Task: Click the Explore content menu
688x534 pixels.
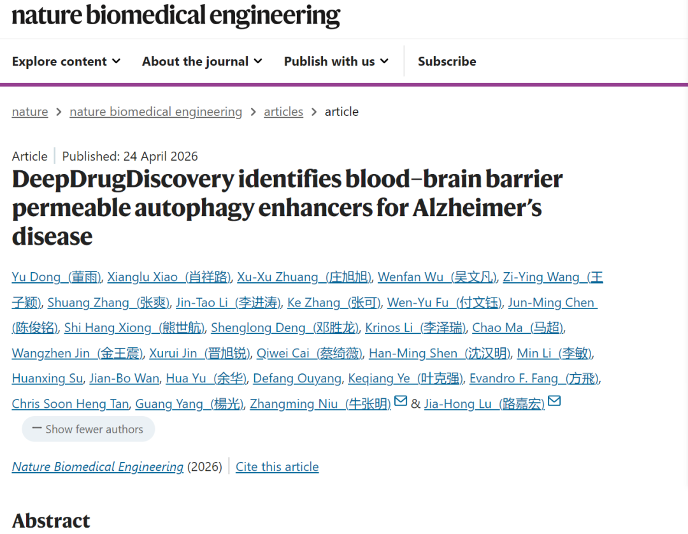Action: pyautogui.click(x=66, y=61)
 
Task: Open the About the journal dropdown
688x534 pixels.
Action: pyautogui.click(x=202, y=61)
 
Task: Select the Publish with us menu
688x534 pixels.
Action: pyautogui.click(x=336, y=61)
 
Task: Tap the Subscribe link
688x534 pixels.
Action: pyautogui.click(x=447, y=61)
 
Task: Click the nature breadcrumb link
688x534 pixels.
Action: pyautogui.click(x=30, y=112)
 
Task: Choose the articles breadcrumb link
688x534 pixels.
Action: pyautogui.click(x=283, y=112)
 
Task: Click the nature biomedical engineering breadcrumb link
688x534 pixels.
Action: pyautogui.click(x=156, y=112)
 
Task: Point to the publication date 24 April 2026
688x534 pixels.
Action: pyautogui.click(x=161, y=156)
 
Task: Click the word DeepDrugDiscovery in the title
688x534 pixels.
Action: pyautogui.click(x=122, y=180)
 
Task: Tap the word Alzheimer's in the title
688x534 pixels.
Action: pyautogui.click(x=477, y=208)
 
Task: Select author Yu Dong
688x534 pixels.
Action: pyautogui.click(x=57, y=277)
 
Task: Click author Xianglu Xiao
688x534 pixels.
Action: pyautogui.click(x=169, y=277)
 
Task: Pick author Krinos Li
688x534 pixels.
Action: pyautogui.click(x=415, y=328)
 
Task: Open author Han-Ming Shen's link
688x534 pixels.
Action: pyautogui.click(x=440, y=353)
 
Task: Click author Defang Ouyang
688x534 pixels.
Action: pyautogui.click(x=297, y=379)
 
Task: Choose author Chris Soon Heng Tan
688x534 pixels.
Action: pyautogui.click(x=70, y=403)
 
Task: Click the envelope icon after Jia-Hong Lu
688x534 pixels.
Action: pyautogui.click(x=554, y=401)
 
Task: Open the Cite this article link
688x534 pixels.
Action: pyautogui.click(x=277, y=467)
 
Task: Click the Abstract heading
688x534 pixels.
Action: pyautogui.click(x=51, y=521)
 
